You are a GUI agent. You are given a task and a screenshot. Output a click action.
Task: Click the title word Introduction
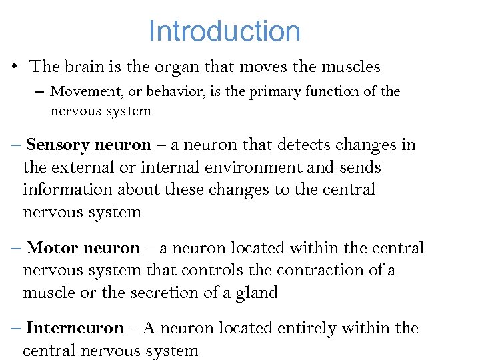(224, 31)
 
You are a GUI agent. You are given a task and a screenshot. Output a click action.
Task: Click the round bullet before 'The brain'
(13, 67)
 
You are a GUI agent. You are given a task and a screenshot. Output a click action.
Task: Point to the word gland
(257, 293)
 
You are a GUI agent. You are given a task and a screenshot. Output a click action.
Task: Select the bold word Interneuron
(75, 328)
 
